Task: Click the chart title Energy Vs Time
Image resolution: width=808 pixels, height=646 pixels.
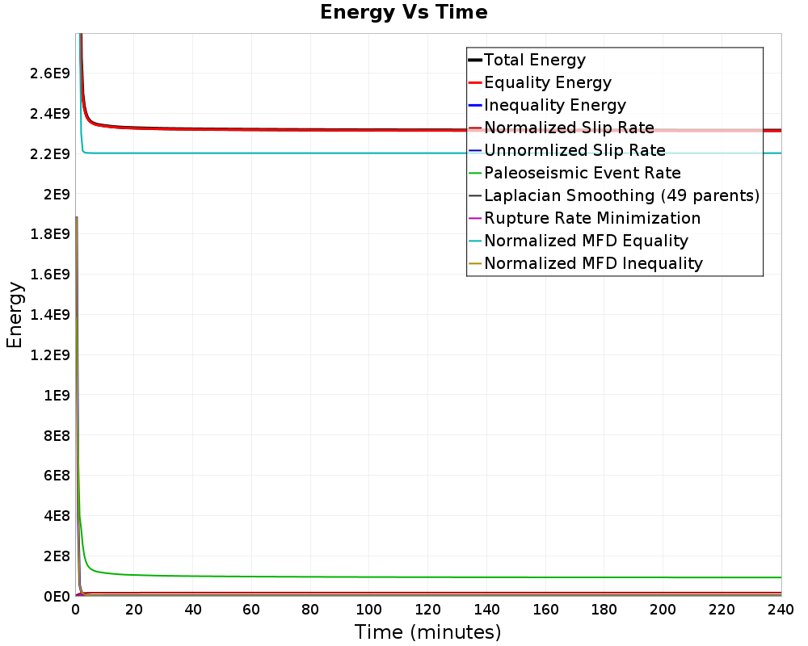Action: click(403, 12)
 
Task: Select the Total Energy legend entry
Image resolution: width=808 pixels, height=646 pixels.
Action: click(534, 60)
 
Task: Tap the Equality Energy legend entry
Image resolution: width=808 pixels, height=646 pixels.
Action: click(547, 82)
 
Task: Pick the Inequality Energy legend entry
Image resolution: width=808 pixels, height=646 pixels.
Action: click(555, 105)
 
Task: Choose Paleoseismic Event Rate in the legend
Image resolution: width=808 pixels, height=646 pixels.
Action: click(583, 173)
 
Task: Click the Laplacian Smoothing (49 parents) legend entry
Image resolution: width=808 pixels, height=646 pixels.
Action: click(621, 195)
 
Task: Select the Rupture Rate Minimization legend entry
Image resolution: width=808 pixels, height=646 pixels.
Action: click(592, 218)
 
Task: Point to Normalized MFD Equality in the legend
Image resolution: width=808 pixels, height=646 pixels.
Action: click(586, 241)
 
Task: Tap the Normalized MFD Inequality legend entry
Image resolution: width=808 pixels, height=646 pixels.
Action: click(593, 263)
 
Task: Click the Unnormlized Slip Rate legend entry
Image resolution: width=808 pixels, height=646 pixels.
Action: click(574, 150)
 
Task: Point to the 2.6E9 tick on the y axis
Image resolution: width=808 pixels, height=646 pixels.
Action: click(49, 73)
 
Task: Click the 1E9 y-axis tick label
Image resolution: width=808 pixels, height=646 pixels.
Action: click(57, 395)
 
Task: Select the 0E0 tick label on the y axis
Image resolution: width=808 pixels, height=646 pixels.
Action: click(57, 597)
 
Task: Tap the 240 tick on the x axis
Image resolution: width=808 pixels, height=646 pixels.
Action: click(781, 610)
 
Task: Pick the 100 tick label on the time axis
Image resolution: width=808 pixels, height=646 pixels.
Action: click(369, 610)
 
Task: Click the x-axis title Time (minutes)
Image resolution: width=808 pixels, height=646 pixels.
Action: click(427, 632)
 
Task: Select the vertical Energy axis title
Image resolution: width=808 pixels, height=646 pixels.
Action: click(15, 315)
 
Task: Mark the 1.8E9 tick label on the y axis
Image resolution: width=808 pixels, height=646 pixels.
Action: click(49, 234)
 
